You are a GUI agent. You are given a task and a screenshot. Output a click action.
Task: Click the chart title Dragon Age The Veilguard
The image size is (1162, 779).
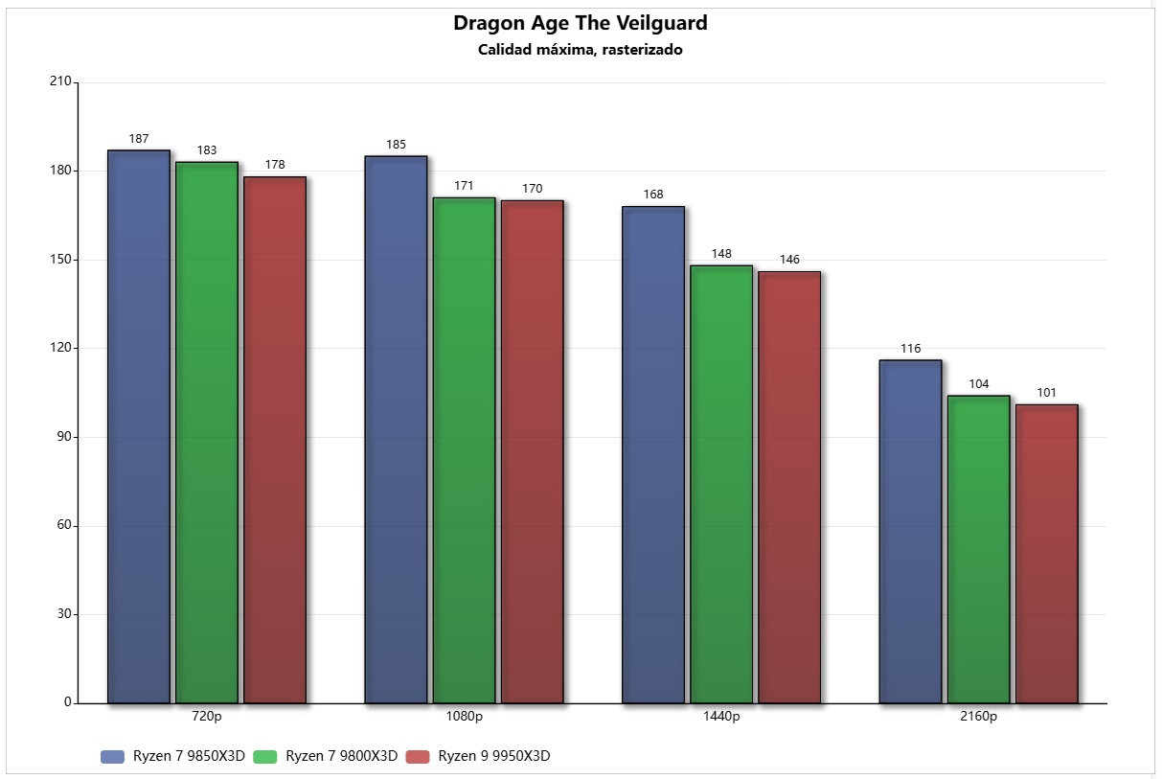[580, 23]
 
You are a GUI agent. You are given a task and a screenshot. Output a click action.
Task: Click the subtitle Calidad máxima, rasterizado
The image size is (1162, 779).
[580, 50]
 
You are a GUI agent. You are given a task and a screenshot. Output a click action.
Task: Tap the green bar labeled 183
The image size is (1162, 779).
[207, 432]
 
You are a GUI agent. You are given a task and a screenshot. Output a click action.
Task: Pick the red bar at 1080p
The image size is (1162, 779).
[532, 451]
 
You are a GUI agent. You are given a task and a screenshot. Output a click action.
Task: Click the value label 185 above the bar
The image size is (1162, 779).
[396, 145]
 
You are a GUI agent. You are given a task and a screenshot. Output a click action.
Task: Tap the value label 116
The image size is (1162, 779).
[910, 349]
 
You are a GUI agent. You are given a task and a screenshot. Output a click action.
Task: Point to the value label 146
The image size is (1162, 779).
[789, 260]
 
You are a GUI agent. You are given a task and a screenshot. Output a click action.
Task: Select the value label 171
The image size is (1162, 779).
[464, 186]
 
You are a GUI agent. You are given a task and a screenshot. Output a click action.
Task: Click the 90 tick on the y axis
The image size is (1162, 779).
[63, 437]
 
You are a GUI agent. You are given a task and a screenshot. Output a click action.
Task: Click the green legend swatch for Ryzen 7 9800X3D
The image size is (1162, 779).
[265, 757]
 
